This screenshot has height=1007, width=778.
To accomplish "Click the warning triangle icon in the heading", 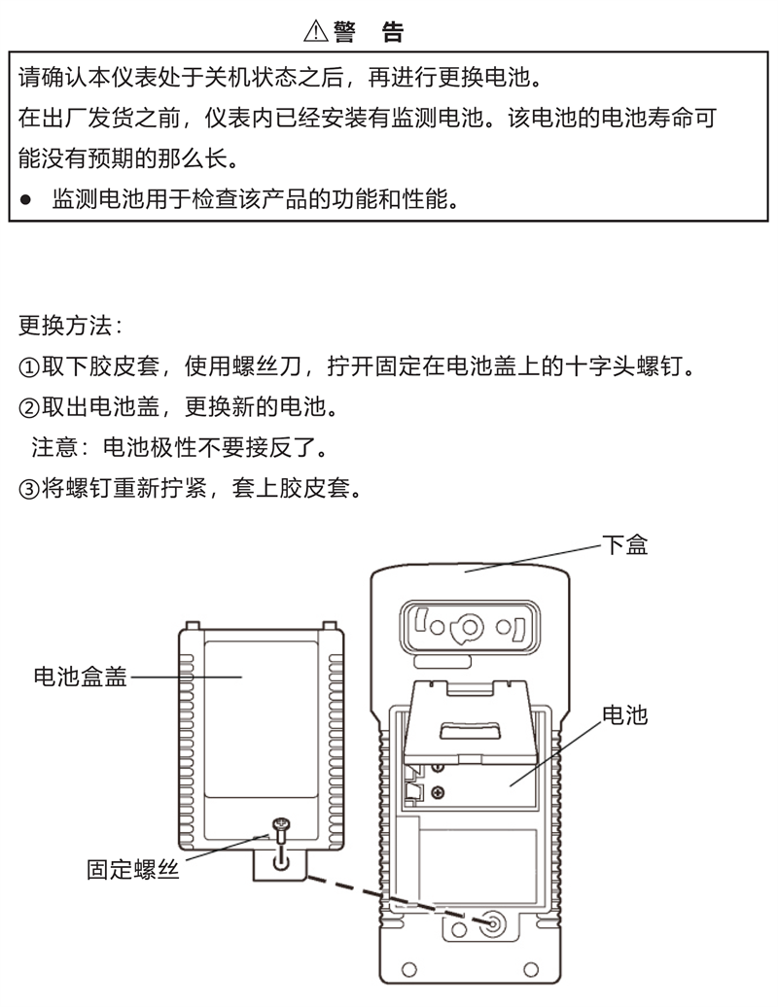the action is click(x=316, y=32).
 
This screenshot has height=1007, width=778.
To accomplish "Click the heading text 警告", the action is click(x=368, y=32).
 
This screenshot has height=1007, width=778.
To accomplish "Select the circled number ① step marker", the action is click(x=29, y=366).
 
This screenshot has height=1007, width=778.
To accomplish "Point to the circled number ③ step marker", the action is click(x=29, y=487).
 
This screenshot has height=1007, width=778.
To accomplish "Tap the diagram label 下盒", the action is click(x=624, y=544).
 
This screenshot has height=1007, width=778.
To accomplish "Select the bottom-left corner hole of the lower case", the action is click(x=409, y=970).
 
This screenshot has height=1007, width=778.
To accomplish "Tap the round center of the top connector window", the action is click(x=470, y=626).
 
